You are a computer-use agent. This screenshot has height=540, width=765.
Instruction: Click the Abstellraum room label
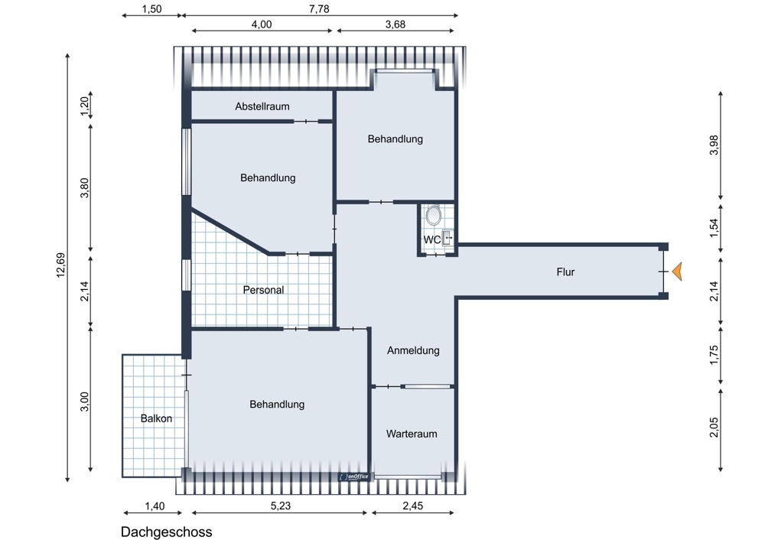(262, 106)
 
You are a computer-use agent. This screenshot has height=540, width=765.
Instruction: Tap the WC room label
(432, 239)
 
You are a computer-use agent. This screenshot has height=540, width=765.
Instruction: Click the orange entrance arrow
(676, 272)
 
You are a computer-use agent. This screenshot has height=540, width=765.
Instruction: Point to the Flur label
(565, 272)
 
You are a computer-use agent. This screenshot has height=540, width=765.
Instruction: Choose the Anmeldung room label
(413, 350)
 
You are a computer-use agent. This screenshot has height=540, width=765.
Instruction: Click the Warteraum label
(412, 434)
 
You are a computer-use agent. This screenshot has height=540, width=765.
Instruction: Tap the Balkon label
(156, 418)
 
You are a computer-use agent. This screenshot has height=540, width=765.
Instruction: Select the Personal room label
(263, 290)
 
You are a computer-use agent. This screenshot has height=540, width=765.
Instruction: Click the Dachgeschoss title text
(166, 532)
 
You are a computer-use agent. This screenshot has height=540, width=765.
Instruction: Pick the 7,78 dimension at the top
(319, 8)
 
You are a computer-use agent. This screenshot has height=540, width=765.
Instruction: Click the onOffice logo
(354, 477)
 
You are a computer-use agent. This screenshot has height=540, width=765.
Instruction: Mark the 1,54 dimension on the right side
(715, 229)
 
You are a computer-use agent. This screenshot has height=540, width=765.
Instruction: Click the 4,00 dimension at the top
(261, 24)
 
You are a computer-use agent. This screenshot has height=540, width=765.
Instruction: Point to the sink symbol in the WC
(448, 237)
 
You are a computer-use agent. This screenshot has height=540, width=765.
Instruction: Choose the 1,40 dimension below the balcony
(154, 506)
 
